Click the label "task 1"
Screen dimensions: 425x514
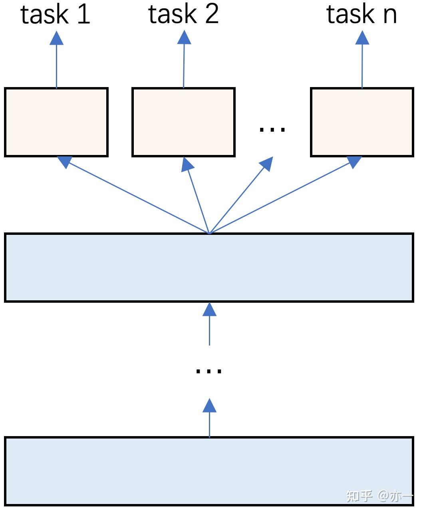tap(55, 14)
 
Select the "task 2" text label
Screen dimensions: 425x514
tap(183, 14)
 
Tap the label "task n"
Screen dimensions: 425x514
tap(361, 14)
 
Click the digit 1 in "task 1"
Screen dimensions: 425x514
tap(84, 14)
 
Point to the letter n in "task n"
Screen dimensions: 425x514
tap(390, 16)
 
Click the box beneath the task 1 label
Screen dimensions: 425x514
tap(56, 122)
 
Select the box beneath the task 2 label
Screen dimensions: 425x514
tap(183, 122)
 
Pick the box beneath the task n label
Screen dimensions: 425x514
tap(362, 122)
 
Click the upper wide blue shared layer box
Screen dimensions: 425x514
tap(209, 267)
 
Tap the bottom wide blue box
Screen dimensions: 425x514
tap(209, 471)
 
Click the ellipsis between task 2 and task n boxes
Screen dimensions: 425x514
tap(272, 129)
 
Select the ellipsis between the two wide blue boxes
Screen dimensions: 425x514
tap(209, 371)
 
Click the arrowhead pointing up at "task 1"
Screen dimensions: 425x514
tap(56, 38)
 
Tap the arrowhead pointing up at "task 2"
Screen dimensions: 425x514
tap(184, 37)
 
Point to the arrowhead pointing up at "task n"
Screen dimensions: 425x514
tap(362, 38)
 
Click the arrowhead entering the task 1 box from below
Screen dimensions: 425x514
tap(65, 162)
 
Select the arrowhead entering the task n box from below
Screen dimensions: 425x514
tap(354, 162)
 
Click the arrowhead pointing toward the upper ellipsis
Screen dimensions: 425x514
tap(267, 163)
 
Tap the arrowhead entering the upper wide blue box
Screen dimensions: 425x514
tap(209, 309)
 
